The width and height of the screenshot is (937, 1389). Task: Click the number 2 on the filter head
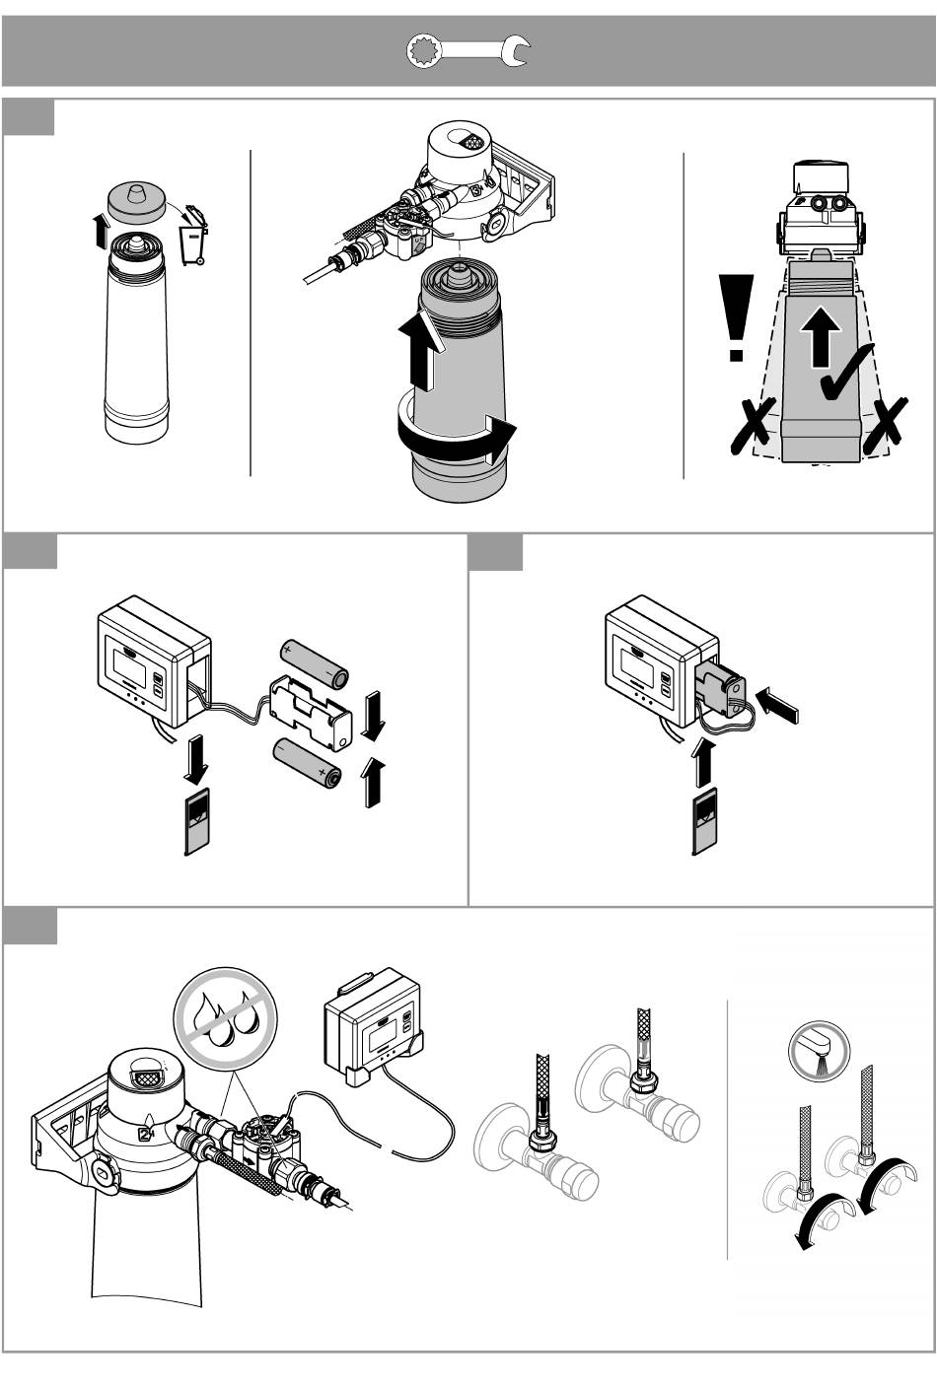[x=144, y=1132]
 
